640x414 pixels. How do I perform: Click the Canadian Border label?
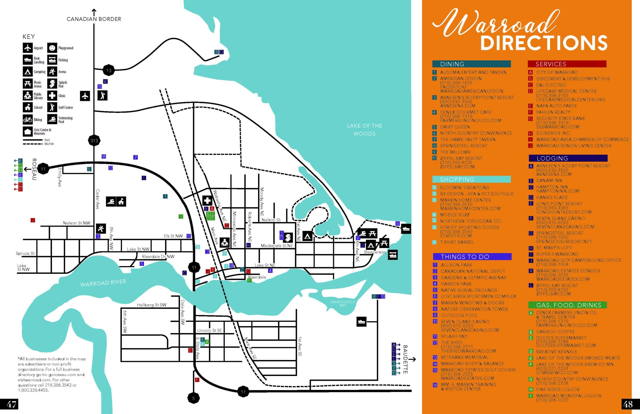[94, 19]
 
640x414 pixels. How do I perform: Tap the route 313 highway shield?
[94, 140]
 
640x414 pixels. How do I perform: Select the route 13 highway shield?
[108, 71]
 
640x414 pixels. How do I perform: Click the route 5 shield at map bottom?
[193, 398]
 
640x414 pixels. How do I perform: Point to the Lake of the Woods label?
[364, 129]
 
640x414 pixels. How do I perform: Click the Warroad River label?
[103, 283]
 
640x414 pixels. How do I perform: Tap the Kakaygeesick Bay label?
[342, 303]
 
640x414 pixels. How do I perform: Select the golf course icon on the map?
[102, 95]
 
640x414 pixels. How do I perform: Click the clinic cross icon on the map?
[207, 200]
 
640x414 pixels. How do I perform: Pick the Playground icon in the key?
[52, 48]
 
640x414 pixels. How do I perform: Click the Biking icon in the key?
[28, 119]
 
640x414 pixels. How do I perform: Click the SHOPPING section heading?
[457, 179]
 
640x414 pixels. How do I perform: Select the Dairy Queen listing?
[455, 127]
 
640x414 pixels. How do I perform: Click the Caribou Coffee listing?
[555, 332]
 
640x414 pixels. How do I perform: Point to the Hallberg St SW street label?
[151, 305]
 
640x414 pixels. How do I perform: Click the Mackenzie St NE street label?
[276, 246]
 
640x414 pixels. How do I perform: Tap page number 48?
[628, 404]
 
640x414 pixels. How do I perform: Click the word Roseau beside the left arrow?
[34, 169]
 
